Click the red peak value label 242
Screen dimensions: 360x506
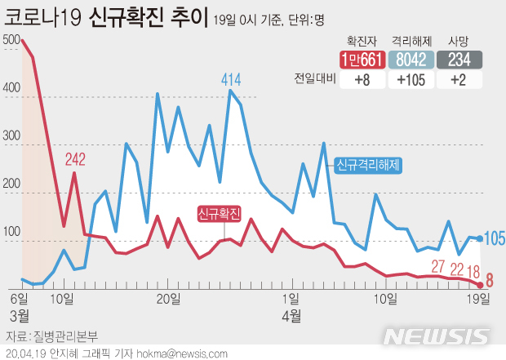pyautogui.click(x=75, y=159)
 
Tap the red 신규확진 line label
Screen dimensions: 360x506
pyautogui.click(x=220, y=214)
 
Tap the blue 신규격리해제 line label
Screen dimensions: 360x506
pyautogui.click(x=369, y=164)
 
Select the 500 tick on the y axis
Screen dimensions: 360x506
pyautogui.click(x=12, y=40)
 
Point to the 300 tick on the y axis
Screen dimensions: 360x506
pyautogui.click(x=12, y=137)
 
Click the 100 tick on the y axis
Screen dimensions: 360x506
pyautogui.click(x=12, y=233)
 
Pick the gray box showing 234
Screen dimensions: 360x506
pyautogui.click(x=459, y=60)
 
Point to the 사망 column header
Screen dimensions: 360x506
pyautogui.click(x=459, y=39)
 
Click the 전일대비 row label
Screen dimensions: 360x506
pyautogui.click(x=314, y=79)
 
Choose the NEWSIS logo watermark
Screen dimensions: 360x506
pyautogui.click(x=437, y=336)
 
